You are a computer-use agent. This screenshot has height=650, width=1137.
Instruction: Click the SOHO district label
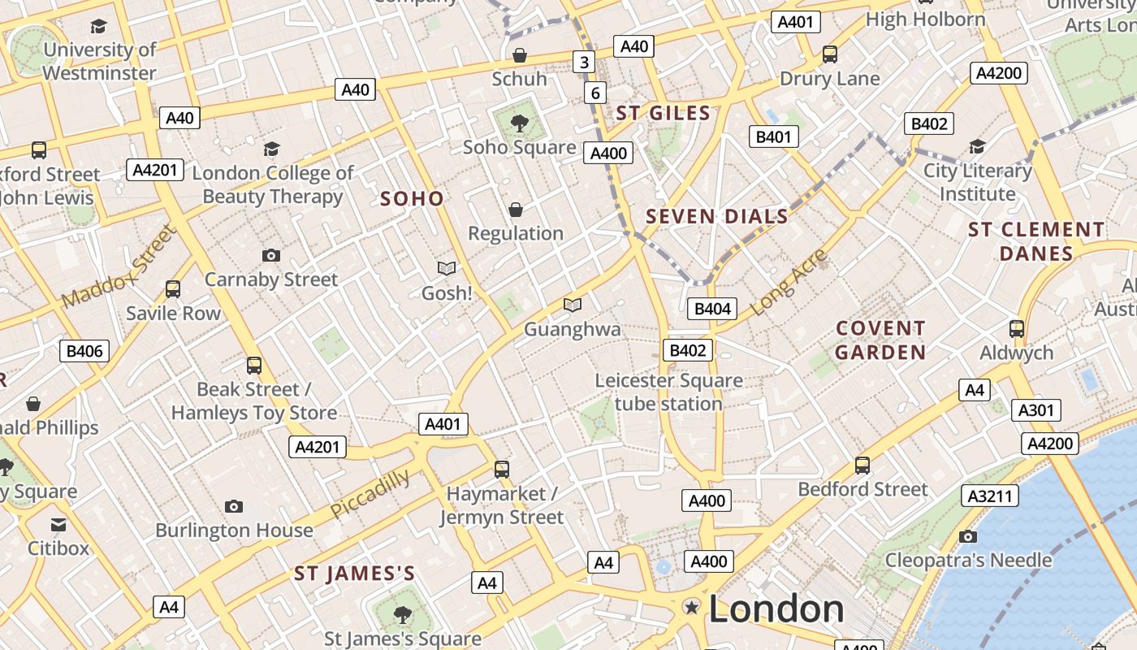[412, 198]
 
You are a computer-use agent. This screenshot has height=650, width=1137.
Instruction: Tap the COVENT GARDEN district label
[880, 340]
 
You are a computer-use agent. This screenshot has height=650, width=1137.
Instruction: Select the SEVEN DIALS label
[717, 216]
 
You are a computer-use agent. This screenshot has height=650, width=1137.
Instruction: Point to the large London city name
[776, 609]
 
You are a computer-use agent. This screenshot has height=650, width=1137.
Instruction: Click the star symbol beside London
[692, 607]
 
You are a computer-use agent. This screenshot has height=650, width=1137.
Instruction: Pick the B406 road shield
[84, 351]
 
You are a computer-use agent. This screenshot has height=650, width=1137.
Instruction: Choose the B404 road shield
[713, 308]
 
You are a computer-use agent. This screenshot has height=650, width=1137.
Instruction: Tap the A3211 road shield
[990, 495]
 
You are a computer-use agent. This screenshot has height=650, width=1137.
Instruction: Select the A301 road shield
[1035, 410]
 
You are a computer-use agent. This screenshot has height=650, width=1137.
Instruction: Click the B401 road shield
[772, 136]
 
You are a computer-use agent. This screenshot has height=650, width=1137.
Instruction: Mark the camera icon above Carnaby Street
[271, 255]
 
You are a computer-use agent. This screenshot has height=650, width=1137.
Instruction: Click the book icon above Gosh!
[447, 268]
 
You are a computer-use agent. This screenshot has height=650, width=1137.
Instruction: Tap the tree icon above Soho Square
[519, 123]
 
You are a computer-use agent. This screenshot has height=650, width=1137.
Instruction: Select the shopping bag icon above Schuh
[519, 55]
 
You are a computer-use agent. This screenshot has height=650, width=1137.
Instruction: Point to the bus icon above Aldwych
[1016, 329]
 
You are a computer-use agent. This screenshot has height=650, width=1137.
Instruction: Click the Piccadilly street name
[370, 494]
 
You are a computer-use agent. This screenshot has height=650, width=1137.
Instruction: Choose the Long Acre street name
[789, 283]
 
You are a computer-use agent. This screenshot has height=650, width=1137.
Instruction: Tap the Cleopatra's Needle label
[968, 560]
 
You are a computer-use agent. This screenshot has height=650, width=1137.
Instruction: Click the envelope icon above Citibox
[58, 525]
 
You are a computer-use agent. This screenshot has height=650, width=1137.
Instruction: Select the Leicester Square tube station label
[668, 392]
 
